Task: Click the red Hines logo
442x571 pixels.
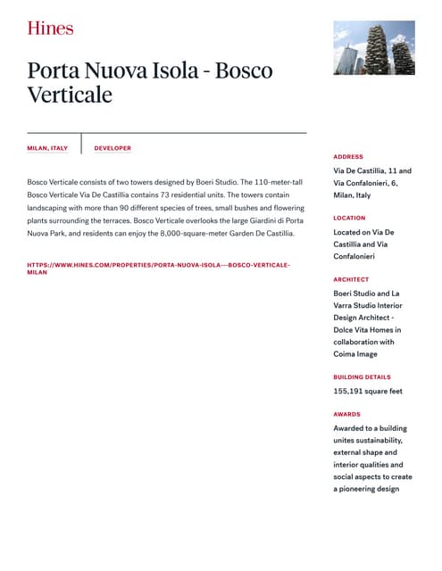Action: click(50, 28)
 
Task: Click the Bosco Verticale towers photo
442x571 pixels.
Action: click(373, 48)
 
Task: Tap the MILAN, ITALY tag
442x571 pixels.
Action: click(47, 148)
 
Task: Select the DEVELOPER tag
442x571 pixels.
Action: click(113, 148)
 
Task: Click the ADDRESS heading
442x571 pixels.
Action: click(348, 156)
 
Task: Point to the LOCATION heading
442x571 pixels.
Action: click(349, 218)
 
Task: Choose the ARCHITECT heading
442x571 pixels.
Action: click(351, 279)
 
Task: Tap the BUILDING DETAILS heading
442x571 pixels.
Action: click(362, 377)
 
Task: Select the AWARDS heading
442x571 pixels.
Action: click(346, 414)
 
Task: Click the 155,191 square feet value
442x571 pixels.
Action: click(367, 391)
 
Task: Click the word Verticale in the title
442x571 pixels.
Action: click(70, 95)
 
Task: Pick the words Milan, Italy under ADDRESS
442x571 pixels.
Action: click(352, 194)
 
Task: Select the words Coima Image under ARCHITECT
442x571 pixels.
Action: click(355, 353)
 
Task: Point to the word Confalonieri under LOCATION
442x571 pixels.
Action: click(354, 256)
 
